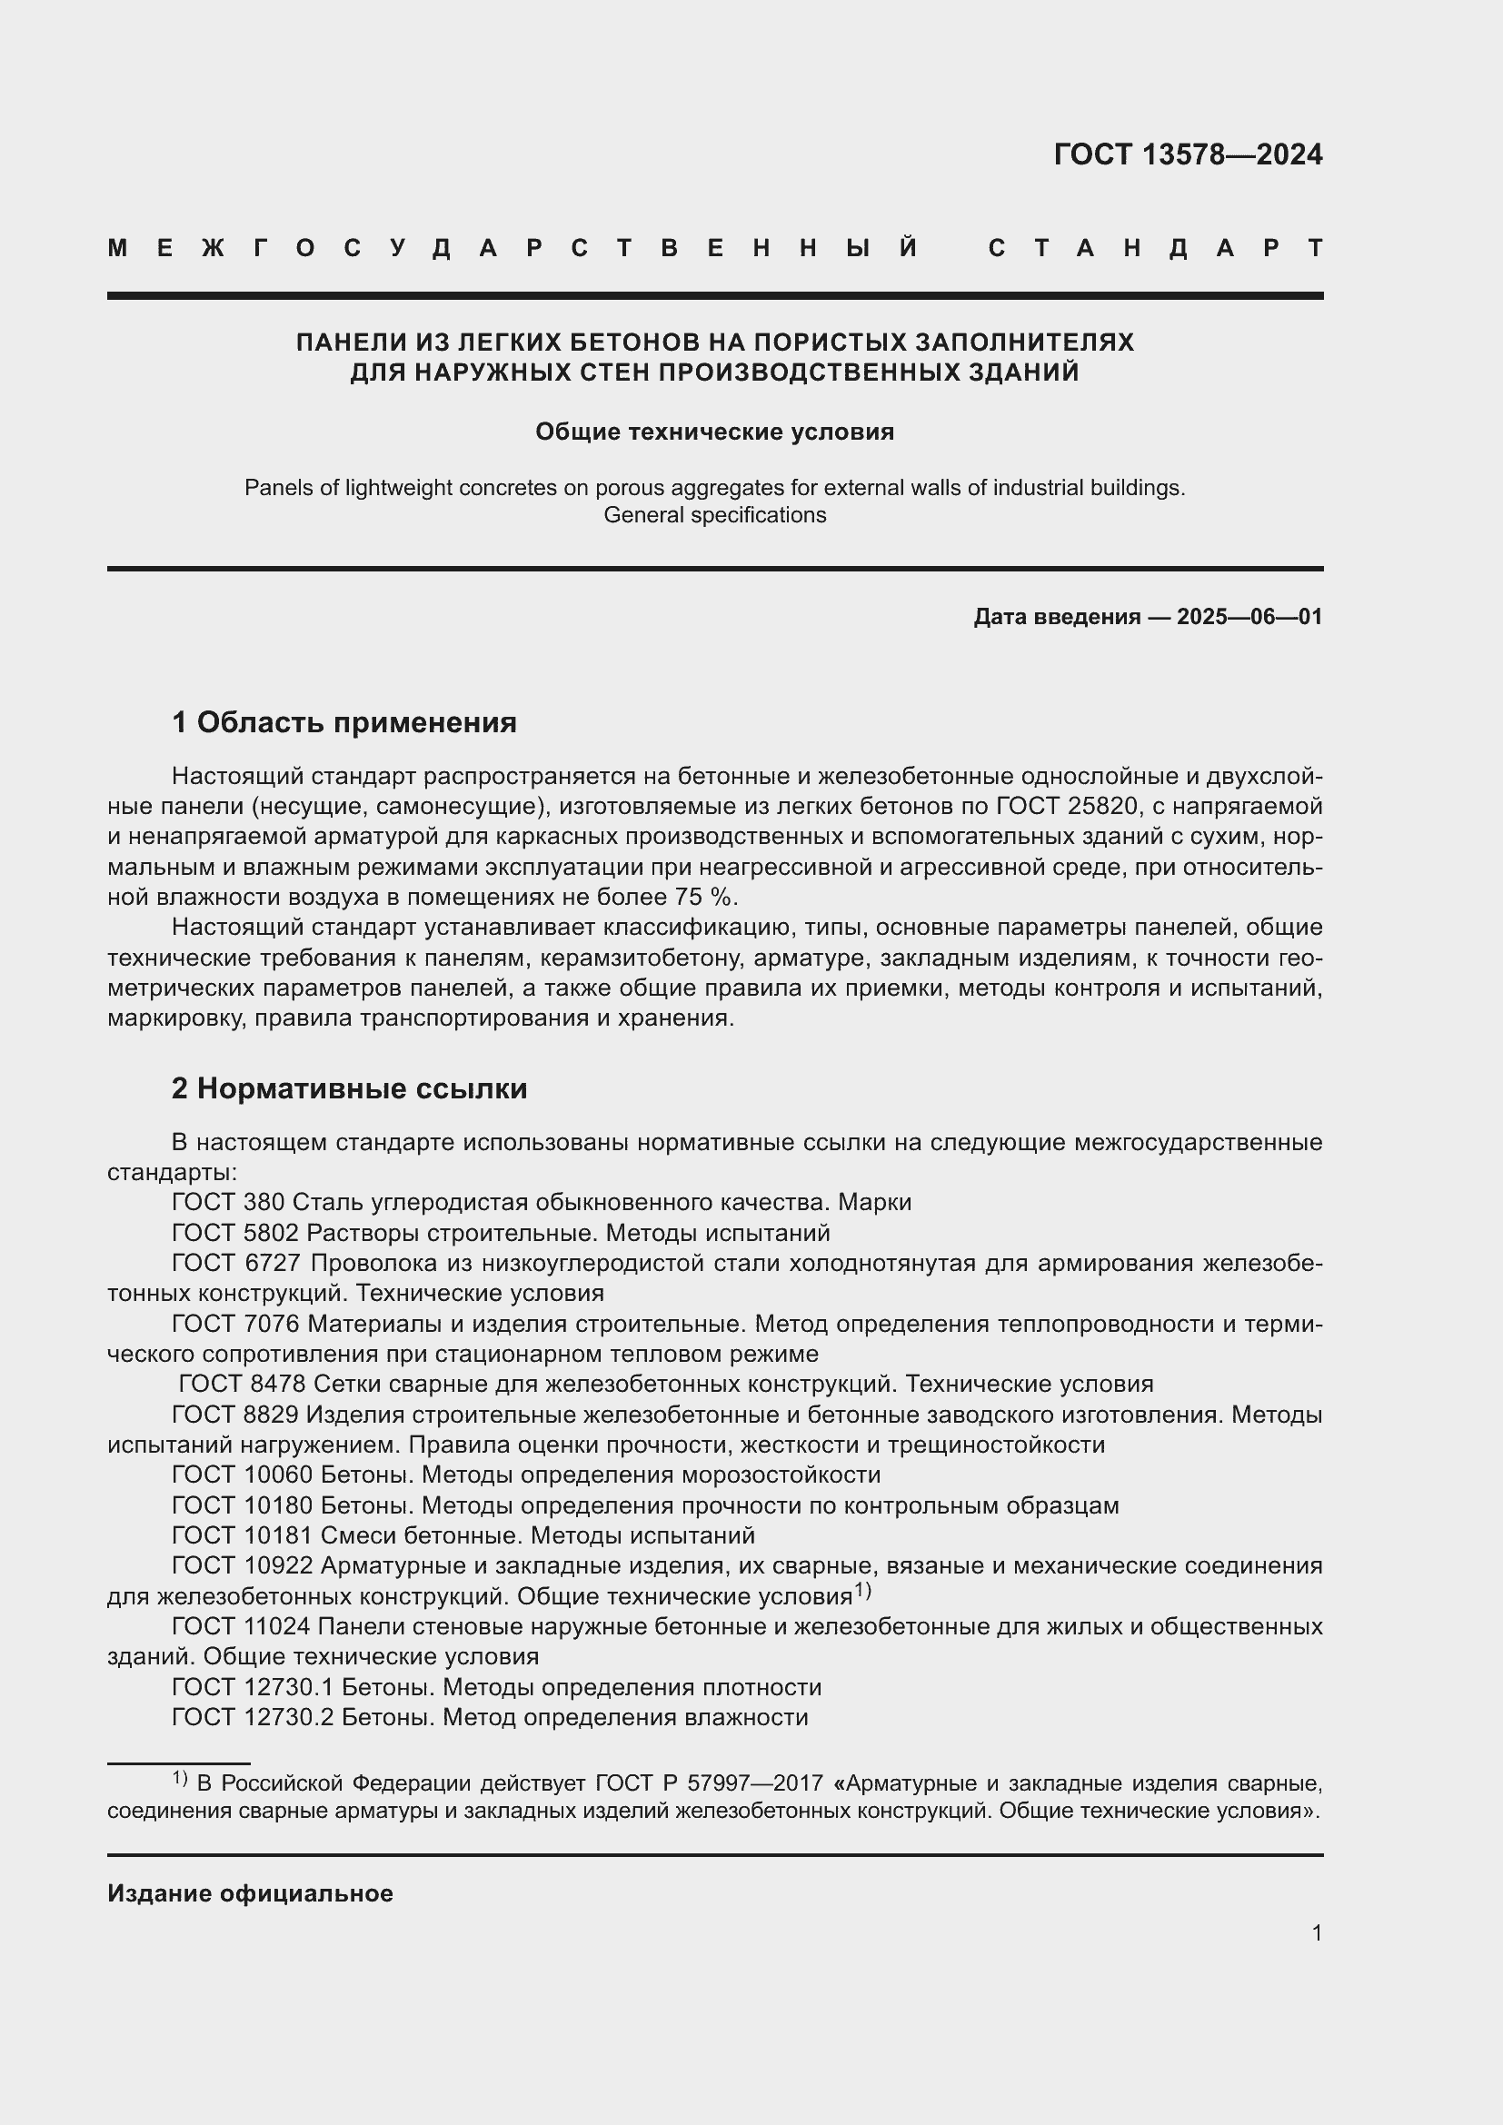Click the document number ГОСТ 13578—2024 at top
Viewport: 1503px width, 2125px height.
click(x=1188, y=154)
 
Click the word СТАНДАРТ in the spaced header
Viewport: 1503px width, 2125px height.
click(x=1155, y=248)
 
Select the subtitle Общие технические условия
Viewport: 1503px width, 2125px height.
click(x=714, y=432)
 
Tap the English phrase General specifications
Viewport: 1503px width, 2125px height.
click(x=714, y=515)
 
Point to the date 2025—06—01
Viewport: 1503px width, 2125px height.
click(x=1249, y=617)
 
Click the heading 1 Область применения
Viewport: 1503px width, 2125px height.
click(x=344, y=722)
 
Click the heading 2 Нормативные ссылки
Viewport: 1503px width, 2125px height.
click(x=349, y=1088)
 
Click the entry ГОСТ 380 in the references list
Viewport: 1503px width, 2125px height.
click(x=231, y=1202)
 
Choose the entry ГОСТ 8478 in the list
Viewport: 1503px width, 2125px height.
click(x=243, y=1384)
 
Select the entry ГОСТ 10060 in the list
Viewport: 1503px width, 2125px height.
click(x=243, y=1475)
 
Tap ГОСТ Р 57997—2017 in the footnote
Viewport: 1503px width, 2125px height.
click(x=709, y=1783)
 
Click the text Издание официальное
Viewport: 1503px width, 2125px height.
click(x=250, y=1893)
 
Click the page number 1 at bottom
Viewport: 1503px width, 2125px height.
click(x=1316, y=1932)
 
